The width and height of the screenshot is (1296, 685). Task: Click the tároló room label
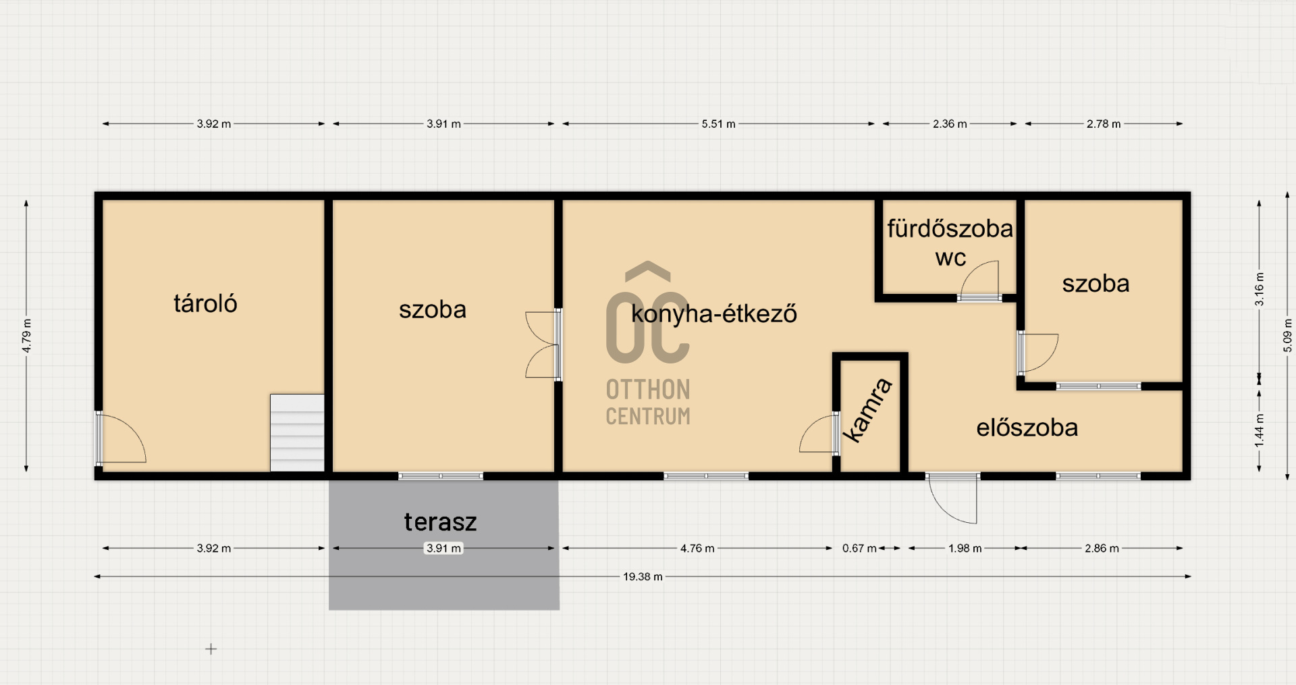205,304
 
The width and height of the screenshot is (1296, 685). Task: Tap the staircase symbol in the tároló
297,432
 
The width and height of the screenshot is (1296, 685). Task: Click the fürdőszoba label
950,229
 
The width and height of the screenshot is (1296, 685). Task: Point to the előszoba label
1027,428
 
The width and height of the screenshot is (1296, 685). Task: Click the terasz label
440,522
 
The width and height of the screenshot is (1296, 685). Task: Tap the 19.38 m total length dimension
643,577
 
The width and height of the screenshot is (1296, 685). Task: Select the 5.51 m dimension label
718,124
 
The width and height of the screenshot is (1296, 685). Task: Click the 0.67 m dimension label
859,549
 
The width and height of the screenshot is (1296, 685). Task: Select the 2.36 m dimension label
950,124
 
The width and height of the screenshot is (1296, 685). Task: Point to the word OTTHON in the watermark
647,390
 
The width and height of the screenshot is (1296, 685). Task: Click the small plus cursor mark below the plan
211,649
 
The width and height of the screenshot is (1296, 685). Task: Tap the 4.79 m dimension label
26,336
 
